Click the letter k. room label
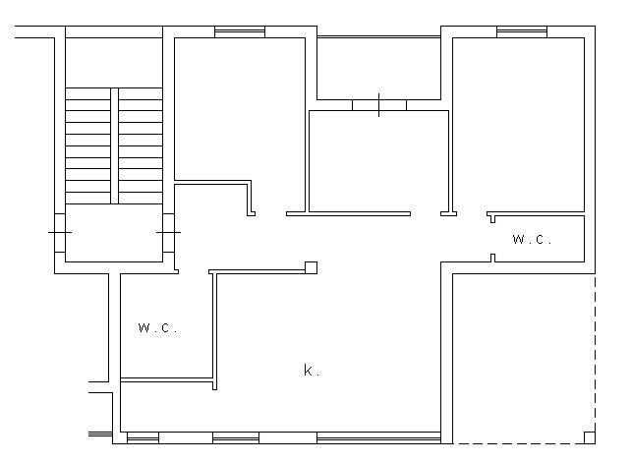tap(311, 370)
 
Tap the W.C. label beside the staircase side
tap(157, 327)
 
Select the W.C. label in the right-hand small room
tap(532, 239)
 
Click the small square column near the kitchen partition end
tap(311, 267)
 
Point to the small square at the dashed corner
tap(590, 437)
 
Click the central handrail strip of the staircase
tap(115, 145)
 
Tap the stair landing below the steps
tap(114, 233)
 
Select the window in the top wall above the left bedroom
tap(240, 31)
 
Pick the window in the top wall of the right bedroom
tap(522, 31)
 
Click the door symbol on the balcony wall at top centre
tap(379, 105)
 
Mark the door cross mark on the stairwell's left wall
tap(60, 232)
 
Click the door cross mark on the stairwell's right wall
tap(169, 232)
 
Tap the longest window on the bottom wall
tap(378, 437)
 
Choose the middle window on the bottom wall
tap(236, 437)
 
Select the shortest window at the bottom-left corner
tap(143, 437)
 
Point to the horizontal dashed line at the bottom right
tap(518, 443)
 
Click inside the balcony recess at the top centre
tap(378, 69)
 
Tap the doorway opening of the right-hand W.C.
tap(492, 238)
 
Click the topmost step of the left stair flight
tap(88, 93)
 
